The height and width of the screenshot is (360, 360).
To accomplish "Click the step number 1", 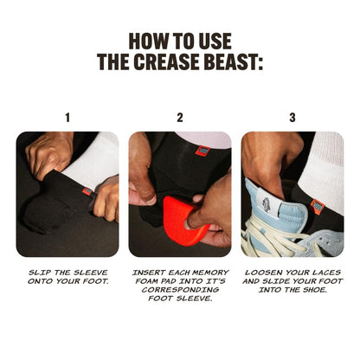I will [67, 117].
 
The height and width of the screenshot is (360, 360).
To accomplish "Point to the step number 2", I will [180, 117].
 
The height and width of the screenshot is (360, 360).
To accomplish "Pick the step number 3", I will [292, 117].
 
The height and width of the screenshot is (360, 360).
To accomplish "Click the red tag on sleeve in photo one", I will [87, 191].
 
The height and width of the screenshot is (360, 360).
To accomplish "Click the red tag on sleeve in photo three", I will [318, 207].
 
